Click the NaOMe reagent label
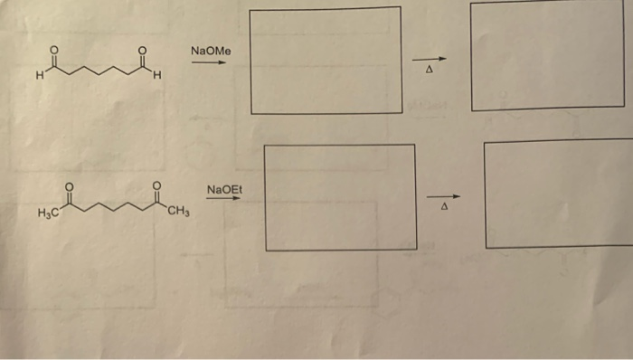click(x=211, y=52)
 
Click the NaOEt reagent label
click(x=224, y=189)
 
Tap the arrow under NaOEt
click(x=224, y=201)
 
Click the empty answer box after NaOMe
click(x=326, y=61)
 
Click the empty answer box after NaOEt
click(x=340, y=197)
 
